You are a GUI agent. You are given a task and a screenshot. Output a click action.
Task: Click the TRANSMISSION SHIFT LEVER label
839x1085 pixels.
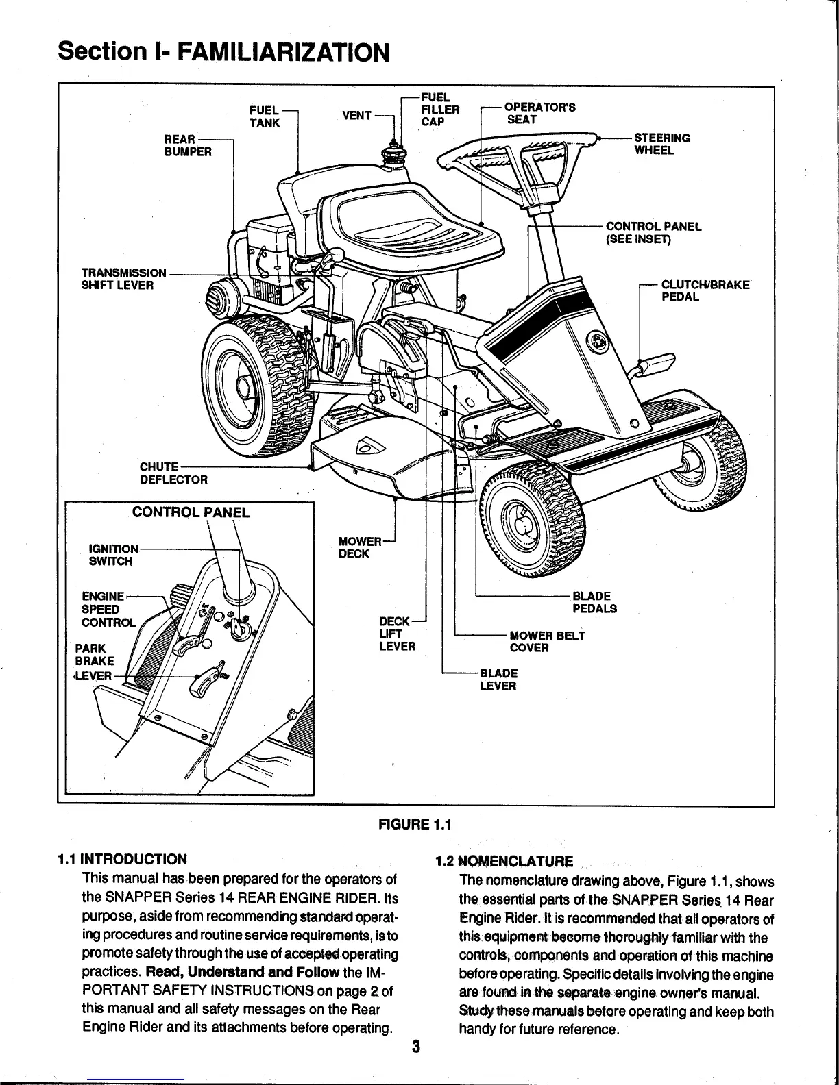click(x=123, y=279)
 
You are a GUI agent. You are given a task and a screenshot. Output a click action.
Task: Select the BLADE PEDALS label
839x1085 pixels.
click(x=594, y=602)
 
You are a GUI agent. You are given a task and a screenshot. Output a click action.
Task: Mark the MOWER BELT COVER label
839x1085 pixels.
click(x=547, y=641)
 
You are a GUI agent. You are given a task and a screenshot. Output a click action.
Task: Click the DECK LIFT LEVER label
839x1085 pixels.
click(x=397, y=634)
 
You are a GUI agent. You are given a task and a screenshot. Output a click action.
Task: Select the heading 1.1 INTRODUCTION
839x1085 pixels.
click(x=122, y=860)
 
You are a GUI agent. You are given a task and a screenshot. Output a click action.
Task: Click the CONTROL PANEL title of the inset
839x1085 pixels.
click(x=191, y=512)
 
